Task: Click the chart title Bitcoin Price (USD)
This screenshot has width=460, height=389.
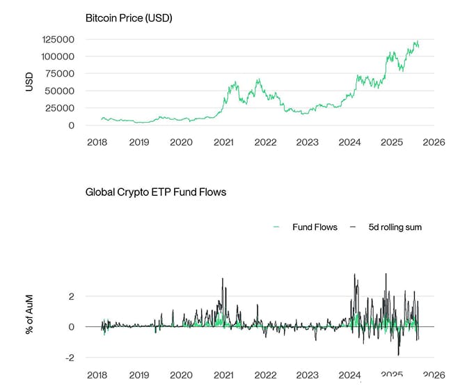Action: click(x=129, y=17)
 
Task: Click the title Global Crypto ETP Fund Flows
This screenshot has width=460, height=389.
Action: click(x=156, y=191)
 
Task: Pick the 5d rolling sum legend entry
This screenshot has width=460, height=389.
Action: click(x=391, y=227)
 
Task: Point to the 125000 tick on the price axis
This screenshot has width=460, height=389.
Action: click(x=60, y=39)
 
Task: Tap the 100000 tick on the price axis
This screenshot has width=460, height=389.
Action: click(x=60, y=56)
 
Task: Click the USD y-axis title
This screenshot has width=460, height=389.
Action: click(x=29, y=82)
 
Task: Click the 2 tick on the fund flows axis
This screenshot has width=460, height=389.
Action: click(x=70, y=296)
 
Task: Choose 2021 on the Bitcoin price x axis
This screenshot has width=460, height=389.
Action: click(x=223, y=142)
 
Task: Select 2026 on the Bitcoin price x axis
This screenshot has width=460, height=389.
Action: click(x=434, y=142)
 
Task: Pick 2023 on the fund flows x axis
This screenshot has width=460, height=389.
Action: click(x=308, y=375)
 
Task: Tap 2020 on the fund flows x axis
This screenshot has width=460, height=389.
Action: click(x=181, y=375)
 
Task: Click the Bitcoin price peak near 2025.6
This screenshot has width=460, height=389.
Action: click(x=416, y=41)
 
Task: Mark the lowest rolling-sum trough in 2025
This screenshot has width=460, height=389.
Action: click(x=398, y=355)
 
